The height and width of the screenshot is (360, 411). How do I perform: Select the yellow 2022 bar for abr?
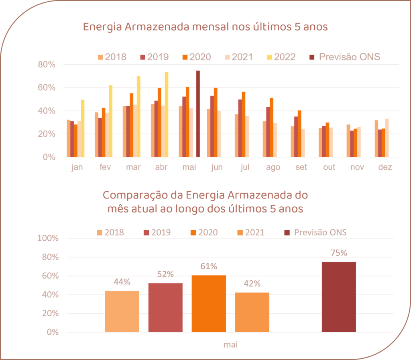(167, 114)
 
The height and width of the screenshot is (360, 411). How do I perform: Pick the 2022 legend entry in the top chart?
(280, 57)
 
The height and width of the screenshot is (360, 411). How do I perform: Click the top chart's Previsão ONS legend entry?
(345, 57)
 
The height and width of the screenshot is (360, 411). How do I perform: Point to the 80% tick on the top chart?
(47, 65)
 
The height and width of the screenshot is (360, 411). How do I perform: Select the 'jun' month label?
(217, 168)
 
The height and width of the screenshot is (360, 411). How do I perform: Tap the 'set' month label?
(301, 168)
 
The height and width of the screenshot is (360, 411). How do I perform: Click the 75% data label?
(339, 253)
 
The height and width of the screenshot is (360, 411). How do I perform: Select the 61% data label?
(209, 266)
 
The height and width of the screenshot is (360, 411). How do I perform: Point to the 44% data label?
(122, 282)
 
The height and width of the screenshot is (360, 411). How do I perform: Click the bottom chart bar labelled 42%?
(252, 312)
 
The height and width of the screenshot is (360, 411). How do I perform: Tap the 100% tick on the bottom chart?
(48, 238)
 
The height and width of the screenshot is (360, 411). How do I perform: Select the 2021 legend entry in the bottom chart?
(250, 232)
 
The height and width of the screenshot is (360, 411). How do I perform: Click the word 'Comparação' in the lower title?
(128, 195)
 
